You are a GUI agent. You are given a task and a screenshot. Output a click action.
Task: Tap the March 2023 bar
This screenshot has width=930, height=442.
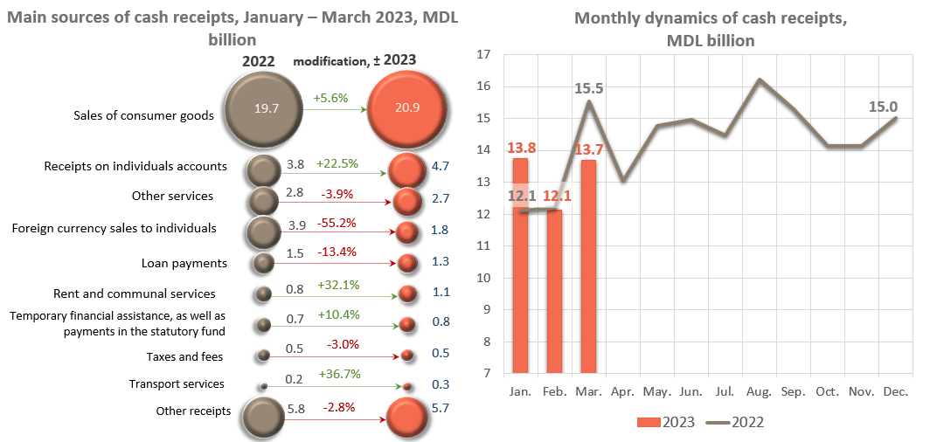588,266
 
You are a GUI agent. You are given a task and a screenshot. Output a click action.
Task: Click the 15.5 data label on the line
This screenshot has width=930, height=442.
590,88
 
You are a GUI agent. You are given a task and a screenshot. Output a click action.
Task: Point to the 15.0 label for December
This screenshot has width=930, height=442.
883,107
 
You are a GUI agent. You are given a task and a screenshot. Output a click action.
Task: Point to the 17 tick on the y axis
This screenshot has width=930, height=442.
483,55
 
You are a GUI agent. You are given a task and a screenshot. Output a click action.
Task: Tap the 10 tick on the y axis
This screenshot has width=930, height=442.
483,278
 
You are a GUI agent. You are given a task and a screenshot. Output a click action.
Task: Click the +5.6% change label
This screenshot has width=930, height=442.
331,99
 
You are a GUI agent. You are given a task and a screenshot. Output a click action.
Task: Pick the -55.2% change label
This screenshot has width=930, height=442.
337,223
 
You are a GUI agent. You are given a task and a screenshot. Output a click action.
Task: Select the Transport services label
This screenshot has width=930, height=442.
177,383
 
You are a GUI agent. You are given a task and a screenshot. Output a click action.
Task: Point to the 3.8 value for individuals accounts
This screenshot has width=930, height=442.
295,163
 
